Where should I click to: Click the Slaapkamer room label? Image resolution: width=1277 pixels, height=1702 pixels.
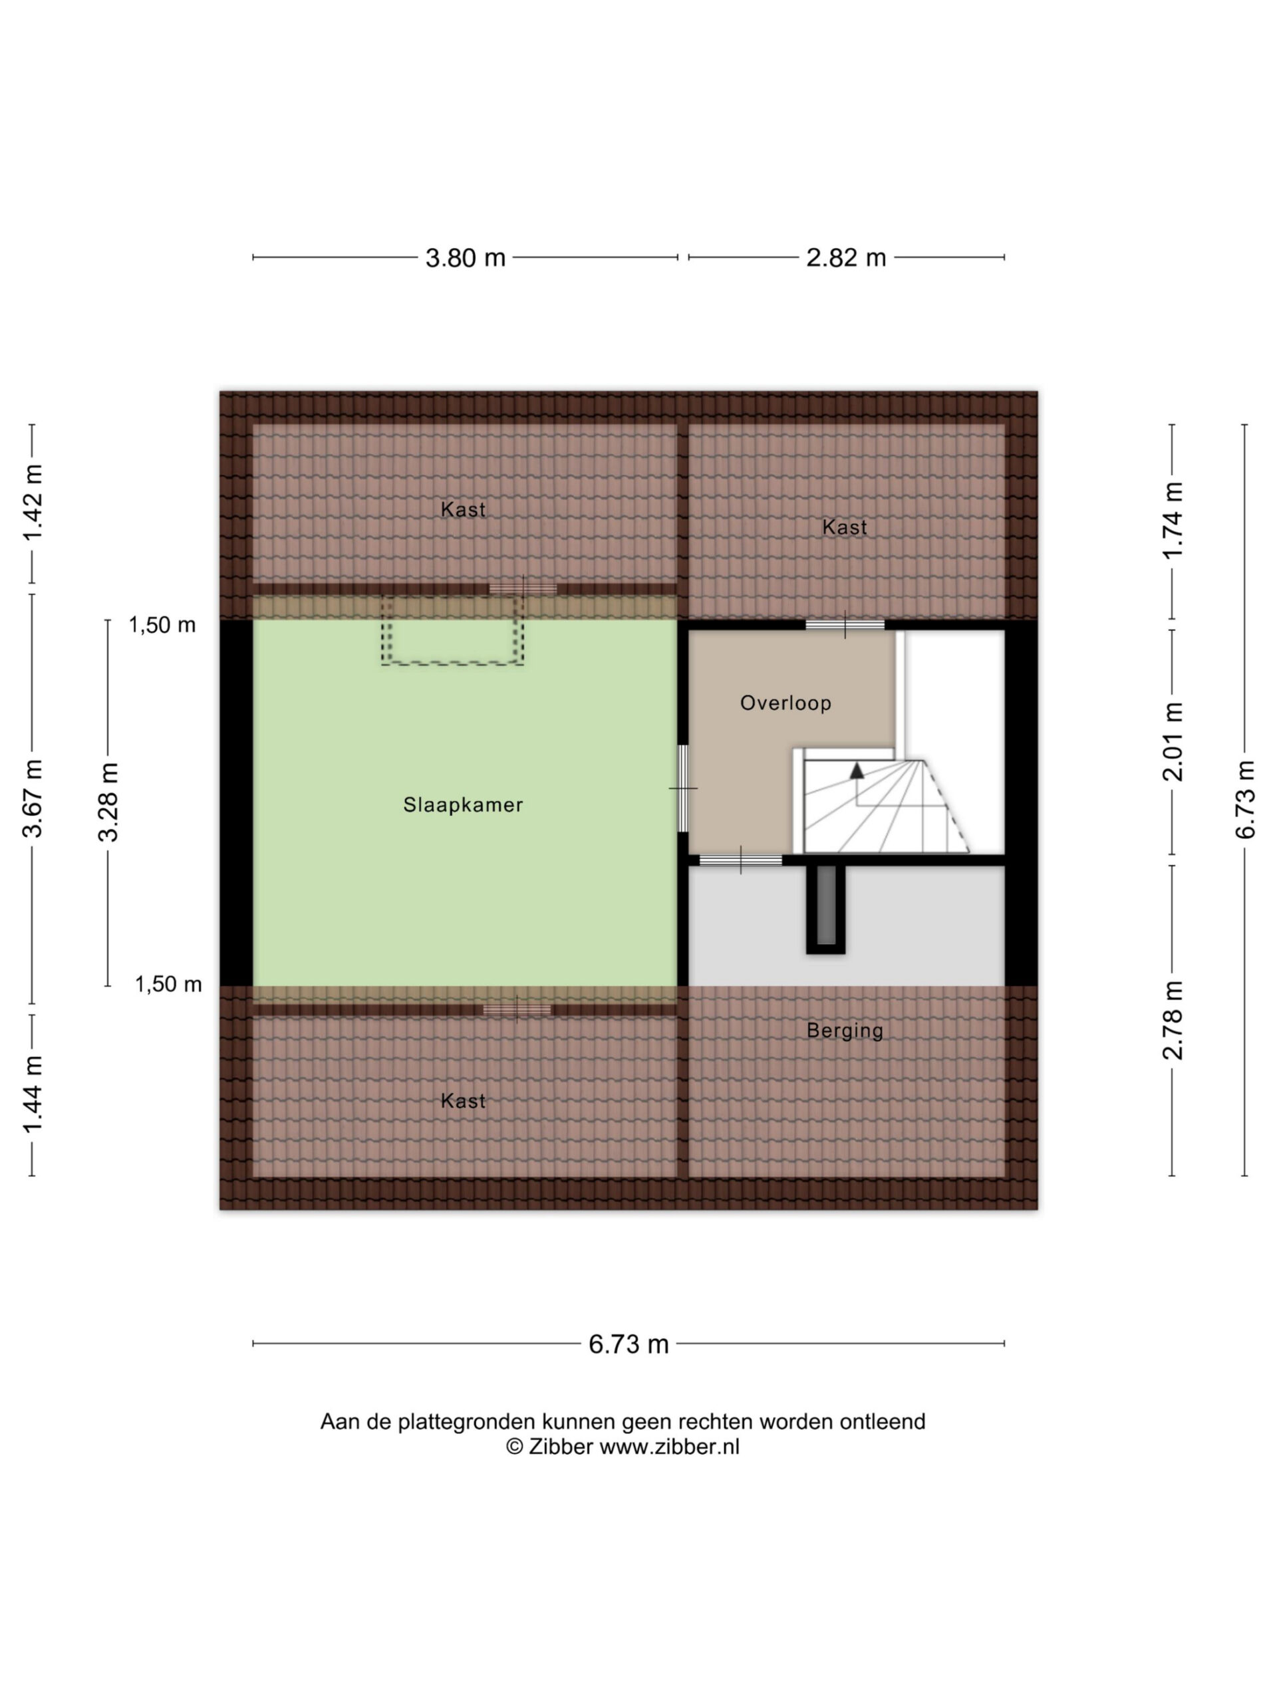tap(463, 805)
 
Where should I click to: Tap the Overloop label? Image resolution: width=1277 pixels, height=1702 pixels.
tap(785, 703)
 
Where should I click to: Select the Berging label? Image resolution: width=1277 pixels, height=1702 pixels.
tap(845, 1031)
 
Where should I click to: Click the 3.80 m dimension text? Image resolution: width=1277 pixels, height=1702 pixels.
tap(465, 258)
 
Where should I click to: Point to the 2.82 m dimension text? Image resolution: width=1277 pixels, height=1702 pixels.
tap(846, 258)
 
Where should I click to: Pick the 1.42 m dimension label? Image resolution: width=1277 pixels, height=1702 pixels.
tap(33, 503)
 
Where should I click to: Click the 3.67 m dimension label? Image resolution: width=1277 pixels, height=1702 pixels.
tap(33, 798)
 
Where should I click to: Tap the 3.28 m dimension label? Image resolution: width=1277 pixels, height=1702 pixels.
tap(108, 802)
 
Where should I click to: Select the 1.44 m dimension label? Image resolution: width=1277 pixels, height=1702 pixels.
tap(33, 1094)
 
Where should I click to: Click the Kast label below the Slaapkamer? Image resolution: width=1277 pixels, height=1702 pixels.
tap(463, 1101)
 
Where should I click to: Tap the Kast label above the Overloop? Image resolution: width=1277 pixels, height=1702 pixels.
tap(845, 527)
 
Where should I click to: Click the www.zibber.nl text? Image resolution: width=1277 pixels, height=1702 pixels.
tap(669, 1447)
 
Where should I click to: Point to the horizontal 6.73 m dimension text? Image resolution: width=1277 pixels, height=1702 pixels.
tap(628, 1344)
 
